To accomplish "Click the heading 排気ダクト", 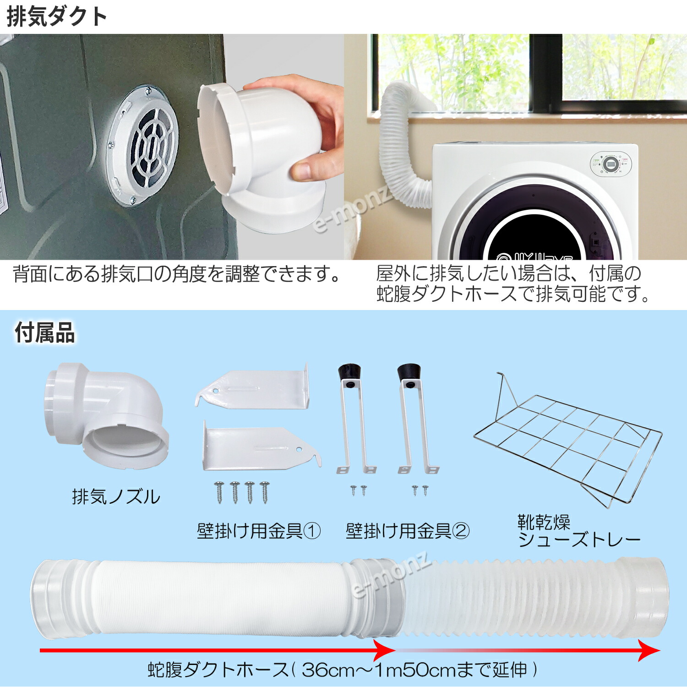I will click(x=57, y=17).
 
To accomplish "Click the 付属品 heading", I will click(x=45, y=333).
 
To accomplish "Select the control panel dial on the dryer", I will click(x=611, y=164).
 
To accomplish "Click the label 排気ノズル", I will click(x=116, y=497).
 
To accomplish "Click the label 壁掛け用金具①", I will click(x=258, y=531).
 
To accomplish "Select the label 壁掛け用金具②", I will click(x=407, y=531).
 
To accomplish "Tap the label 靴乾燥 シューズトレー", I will click(x=578, y=531).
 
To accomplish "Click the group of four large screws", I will click(x=242, y=492).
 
